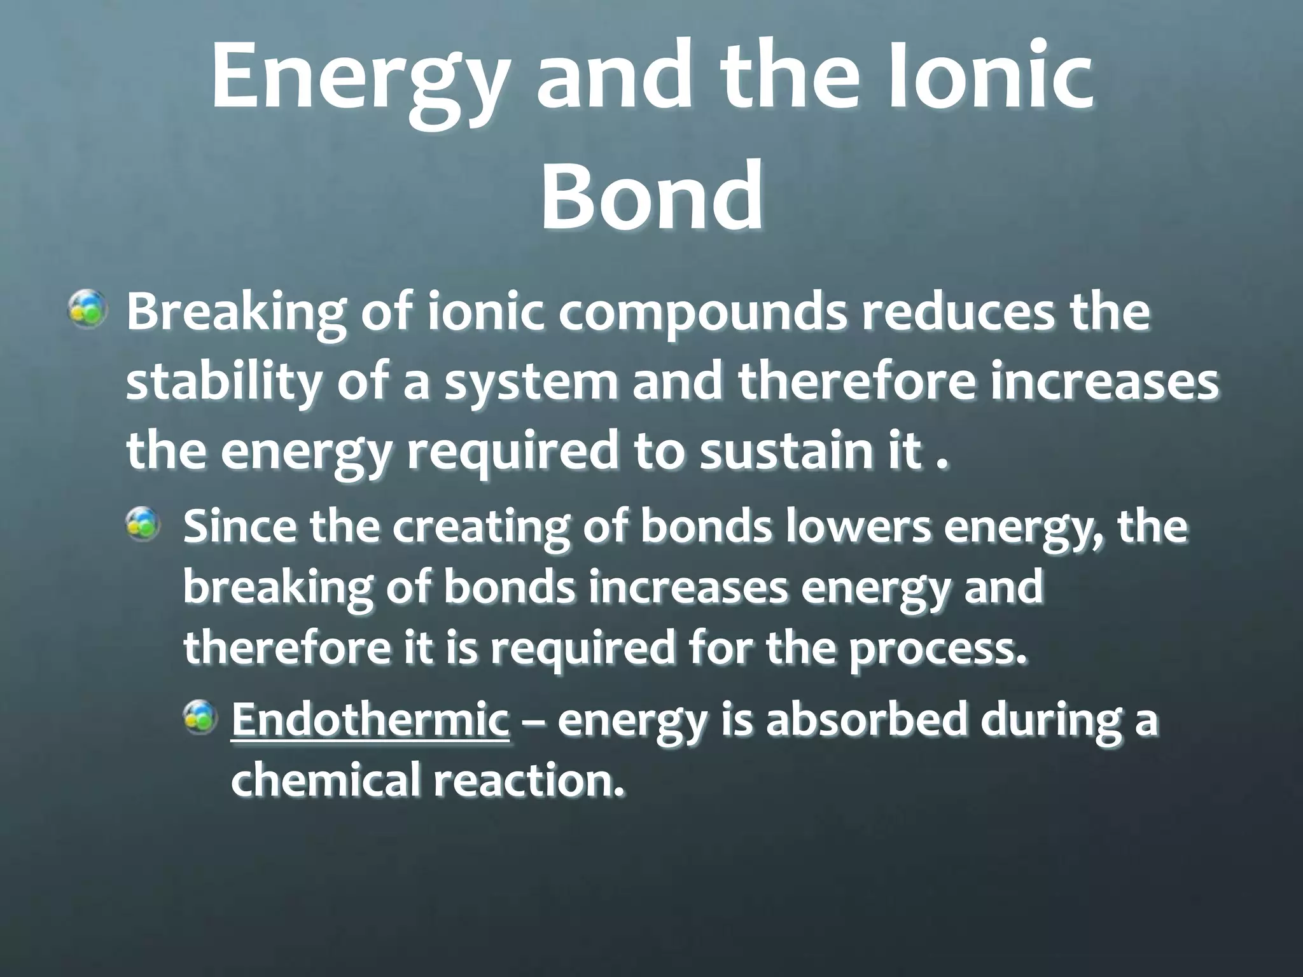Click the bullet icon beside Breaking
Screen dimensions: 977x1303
(88, 310)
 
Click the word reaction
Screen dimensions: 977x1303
(528, 780)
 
